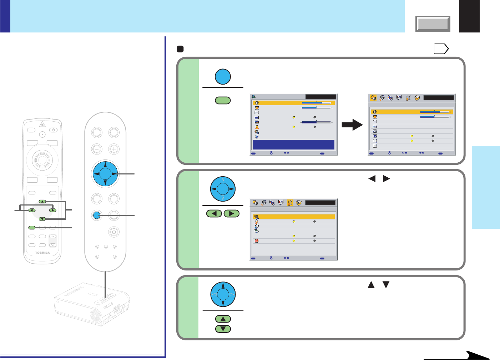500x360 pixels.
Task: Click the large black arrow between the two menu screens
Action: click(x=352, y=125)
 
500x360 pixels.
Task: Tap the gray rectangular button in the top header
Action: click(x=433, y=24)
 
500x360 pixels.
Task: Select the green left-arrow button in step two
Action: click(x=214, y=214)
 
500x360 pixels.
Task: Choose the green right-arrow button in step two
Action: click(x=232, y=214)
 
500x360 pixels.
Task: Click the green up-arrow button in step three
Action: click(x=223, y=319)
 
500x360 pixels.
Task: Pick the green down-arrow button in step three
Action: click(x=223, y=329)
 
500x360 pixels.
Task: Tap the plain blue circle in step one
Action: click(x=223, y=77)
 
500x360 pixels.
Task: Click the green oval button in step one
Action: click(x=223, y=100)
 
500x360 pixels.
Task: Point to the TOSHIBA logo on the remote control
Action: click(x=42, y=253)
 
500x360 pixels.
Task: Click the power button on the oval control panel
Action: click(x=113, y=232)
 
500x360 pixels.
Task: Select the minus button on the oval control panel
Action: click(x=97, y=149)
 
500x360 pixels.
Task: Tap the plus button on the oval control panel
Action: click(x=114, y=149)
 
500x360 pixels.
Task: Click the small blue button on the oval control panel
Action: click(x=96, y=215)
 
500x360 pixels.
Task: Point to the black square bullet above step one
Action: click(x=180, y=49)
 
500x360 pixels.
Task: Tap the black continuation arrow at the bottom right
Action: click(x=475, y=355)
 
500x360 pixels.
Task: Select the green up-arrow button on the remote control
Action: click(x=42, y=202)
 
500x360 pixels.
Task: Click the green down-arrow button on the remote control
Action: click(x=42, y=219)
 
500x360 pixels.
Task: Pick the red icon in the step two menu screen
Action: click(x=257, y=241)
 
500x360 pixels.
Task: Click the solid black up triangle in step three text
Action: click(x=371, y=285)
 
